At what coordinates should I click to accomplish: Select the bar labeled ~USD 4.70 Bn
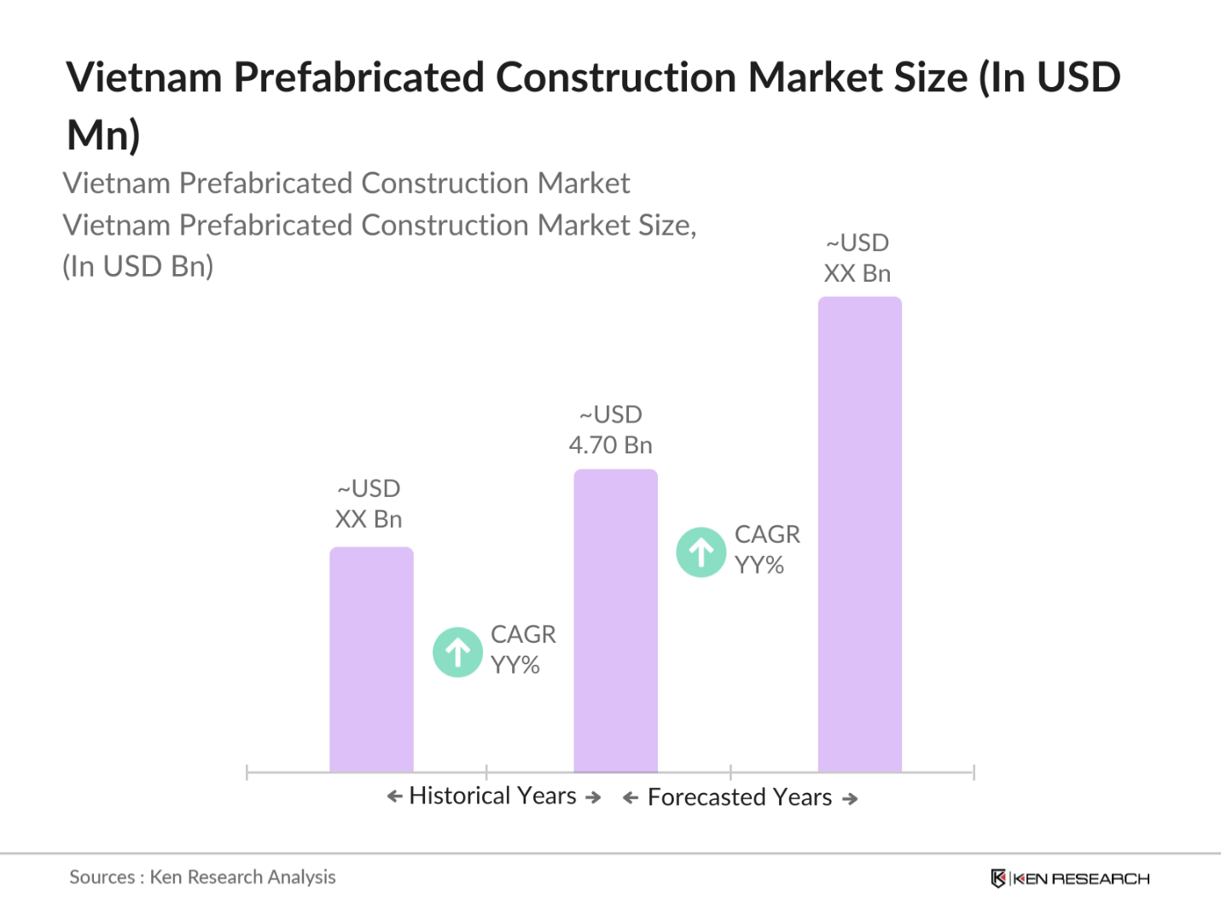(615, 621)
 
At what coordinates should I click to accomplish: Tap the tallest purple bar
(859, 534)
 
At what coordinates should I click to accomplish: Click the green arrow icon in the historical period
(458, 652)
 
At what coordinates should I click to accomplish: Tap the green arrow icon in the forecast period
(701, 552)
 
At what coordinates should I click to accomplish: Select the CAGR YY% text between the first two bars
(522, 650)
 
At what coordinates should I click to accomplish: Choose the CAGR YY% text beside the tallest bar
(766, 550)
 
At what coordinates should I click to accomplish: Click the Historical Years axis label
(493, 796)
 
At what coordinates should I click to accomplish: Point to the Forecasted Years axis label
(740, 797)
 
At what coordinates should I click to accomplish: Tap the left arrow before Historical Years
(394, 796)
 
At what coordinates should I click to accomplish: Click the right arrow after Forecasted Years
(850, 799)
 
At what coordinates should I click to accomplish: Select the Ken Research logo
(1070, 878)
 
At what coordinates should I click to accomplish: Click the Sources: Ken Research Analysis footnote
(202, 877)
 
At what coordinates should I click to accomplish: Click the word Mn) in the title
(103, 135)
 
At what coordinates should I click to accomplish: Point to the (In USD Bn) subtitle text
(138, 266)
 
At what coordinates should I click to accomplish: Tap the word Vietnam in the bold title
(144, 78)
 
